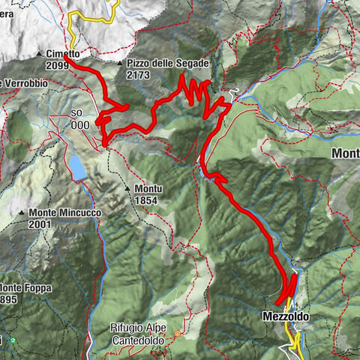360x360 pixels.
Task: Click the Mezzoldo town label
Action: coord(286,317)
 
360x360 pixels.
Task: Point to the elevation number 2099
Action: coord(57,66)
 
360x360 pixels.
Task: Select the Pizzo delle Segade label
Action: coord(168,64)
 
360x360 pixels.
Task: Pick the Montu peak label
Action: coord(149,188)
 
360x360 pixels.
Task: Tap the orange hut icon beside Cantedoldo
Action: coord(178,333)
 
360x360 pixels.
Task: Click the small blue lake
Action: coord(78,168)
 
